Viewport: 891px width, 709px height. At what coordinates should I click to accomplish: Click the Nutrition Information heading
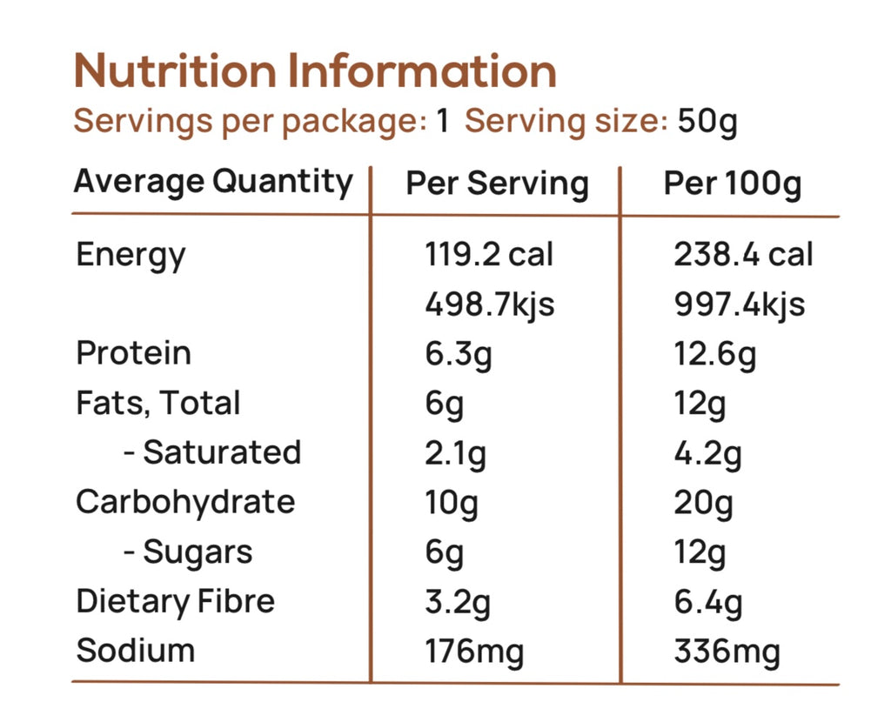(315, 71)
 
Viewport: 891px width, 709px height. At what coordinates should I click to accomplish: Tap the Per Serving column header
(497, 184)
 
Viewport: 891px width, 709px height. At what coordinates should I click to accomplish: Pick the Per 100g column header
(733, 184)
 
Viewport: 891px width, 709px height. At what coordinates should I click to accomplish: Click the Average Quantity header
(213, 183)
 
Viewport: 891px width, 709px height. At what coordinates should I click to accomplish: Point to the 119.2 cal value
(489, 255)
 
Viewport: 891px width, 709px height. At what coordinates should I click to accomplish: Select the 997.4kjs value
(739, 304)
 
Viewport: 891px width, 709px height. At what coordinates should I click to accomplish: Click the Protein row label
(134, 353)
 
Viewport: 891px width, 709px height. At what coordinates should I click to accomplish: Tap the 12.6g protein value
(714, 354)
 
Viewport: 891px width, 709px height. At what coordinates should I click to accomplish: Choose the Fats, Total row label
(158, 403)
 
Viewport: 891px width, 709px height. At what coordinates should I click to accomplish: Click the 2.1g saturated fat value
(455, 453)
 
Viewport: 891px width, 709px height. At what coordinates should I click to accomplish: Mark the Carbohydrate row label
(185, 502)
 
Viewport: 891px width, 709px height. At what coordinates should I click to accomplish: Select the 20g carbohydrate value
(703, 503)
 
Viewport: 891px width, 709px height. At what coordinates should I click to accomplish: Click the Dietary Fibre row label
(175, 601)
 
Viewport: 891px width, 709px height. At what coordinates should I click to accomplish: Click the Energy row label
(131, 256)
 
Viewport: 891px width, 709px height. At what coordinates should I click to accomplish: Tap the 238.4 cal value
(743, 255)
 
